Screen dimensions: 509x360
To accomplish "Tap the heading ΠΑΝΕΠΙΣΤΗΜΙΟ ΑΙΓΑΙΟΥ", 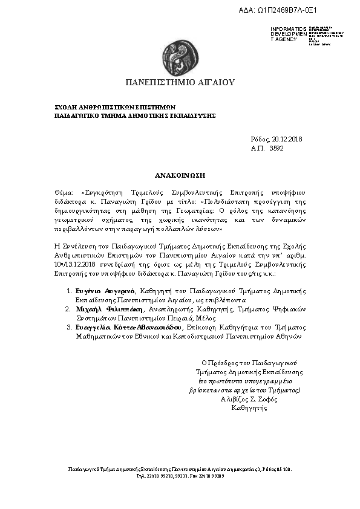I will click(180, 82).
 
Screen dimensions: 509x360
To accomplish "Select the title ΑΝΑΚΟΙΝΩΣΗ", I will click(180, 175).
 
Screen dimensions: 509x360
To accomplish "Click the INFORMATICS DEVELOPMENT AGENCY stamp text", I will click(284, 34).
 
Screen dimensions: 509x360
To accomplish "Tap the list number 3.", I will click(69, 326).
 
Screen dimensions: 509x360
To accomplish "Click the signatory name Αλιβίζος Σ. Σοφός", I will click(249, 399).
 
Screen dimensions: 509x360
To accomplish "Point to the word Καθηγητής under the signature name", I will click(249, 408).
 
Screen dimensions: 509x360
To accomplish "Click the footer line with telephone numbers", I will click(180, 476).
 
